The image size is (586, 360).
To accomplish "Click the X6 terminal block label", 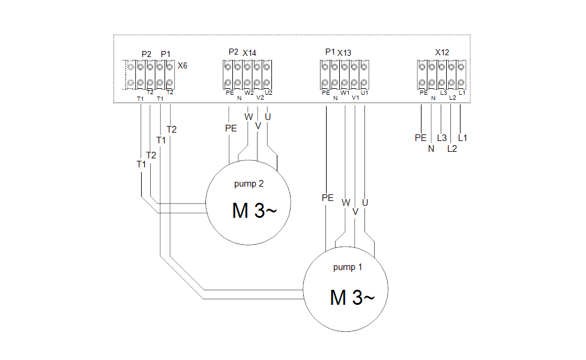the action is pos(183,66).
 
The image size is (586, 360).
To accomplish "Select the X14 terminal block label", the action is pos(249,53).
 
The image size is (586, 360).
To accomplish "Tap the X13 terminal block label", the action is pos(344,53).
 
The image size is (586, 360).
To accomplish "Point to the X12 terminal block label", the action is pos(442,53).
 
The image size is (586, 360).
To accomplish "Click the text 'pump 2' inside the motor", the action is pos(249,184).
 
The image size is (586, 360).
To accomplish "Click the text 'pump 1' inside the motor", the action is pos(348,267).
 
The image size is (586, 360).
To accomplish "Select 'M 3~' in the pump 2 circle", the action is pos(254,211).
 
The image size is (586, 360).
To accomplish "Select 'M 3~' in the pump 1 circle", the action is pos(352,298).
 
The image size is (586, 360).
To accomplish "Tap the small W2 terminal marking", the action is pos(249,93).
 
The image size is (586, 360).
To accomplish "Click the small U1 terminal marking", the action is pos(364,92).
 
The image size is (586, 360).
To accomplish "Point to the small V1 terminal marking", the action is pos(355,98).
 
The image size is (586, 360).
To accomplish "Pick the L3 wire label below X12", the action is pos(442,138).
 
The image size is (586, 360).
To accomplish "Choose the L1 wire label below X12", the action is pos(463,138).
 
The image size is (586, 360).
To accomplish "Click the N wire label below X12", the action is pos(431,149).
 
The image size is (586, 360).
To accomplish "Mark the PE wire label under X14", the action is pos(231,128).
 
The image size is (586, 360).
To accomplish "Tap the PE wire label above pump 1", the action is pos(327,198).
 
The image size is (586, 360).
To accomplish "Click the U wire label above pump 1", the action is pos(365,202).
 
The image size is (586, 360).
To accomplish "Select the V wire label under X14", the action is pos(258,126).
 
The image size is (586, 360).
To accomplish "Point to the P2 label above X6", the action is pos(146,54).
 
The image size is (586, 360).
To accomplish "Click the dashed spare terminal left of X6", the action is pos(130,74).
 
